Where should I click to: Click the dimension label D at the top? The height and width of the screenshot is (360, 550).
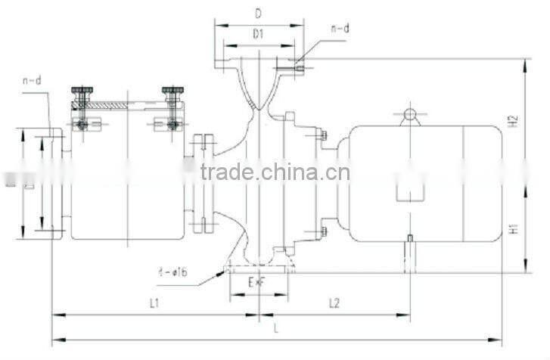coord(258,14)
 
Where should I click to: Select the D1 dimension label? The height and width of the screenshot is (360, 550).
coord(258,33)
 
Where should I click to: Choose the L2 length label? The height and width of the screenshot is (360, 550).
coord(334,303)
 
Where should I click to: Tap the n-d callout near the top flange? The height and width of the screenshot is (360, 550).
coord(340,29)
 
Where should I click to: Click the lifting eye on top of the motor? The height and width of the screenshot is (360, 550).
coord(409,115)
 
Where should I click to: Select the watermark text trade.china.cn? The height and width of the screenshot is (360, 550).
coord(275,172)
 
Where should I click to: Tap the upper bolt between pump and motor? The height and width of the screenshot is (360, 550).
coord(323,135)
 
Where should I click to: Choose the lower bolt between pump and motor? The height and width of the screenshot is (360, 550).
coord(323,223)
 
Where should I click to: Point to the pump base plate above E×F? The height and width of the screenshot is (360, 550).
coord(259,268)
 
